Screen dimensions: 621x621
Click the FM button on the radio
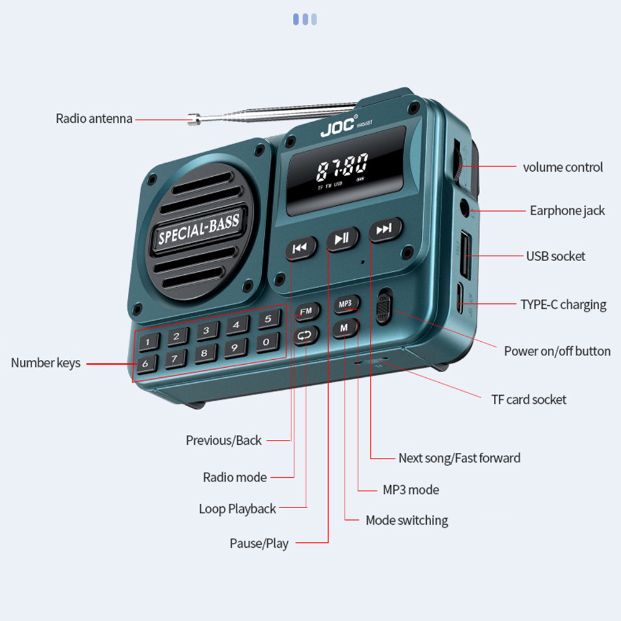point(306,311)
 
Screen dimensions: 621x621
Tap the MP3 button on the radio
point(346,304)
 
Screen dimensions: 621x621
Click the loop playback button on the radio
point(306,336)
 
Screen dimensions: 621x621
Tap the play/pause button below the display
point(342,238)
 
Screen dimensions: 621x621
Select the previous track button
point(301,248)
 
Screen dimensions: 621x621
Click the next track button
point(385,230)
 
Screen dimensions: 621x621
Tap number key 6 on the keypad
point(145,364)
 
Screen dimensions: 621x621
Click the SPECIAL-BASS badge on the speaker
point(198,229)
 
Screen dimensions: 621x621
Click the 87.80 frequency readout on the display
point(342,168)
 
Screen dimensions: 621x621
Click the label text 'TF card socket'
point(529,400)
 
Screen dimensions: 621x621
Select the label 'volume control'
point(562,168)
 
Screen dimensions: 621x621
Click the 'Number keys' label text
point(45,363)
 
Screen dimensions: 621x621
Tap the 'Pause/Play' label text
point(259,543)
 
